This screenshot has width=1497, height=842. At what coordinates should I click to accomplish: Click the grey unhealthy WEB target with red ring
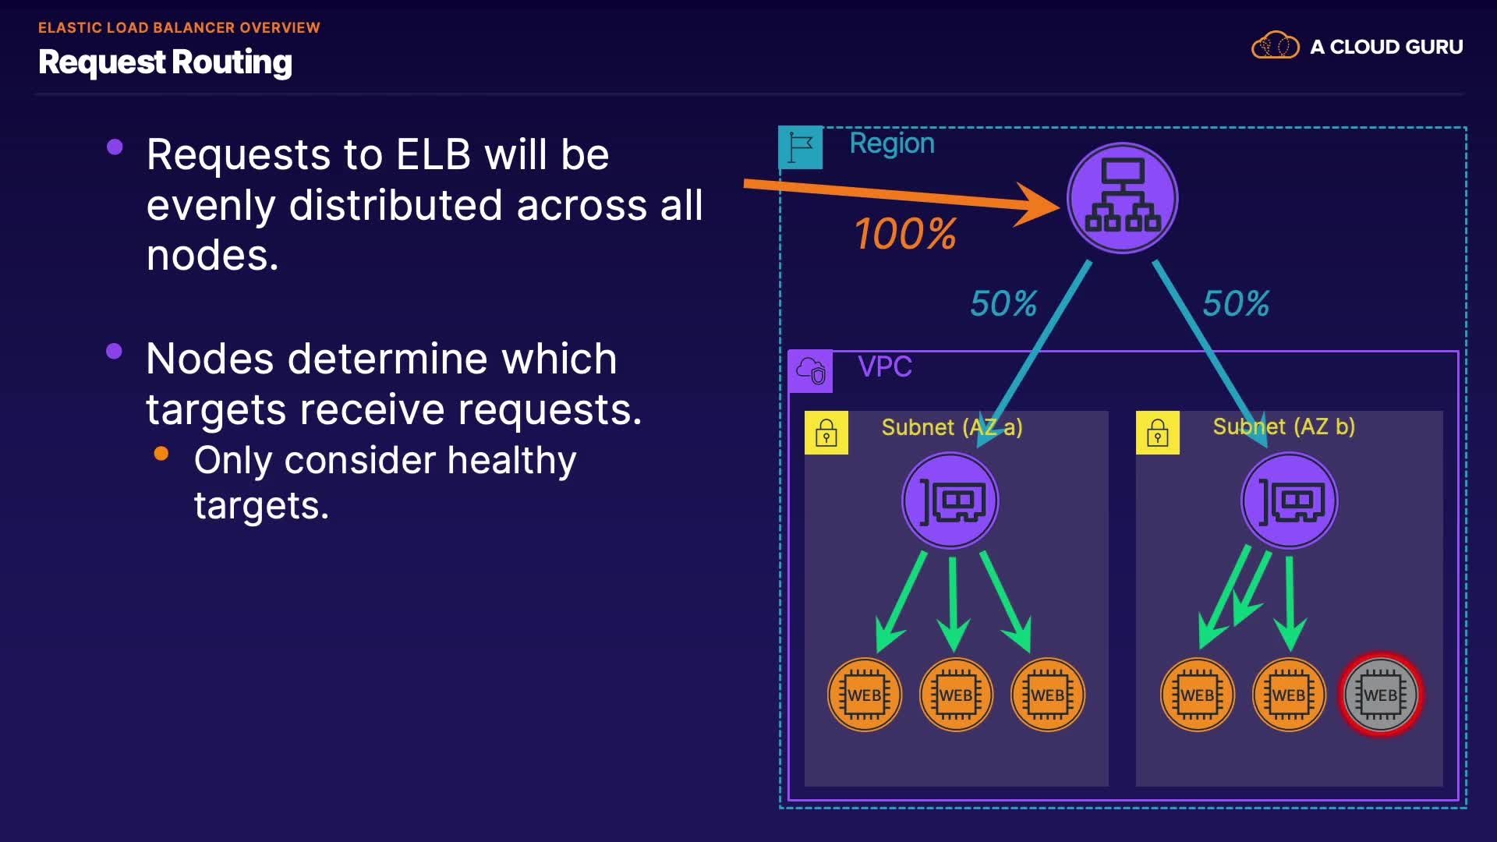coord(1381,695)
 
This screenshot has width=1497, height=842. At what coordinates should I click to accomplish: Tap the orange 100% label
coord(905,234)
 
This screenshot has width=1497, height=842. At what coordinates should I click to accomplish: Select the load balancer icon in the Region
coord(1122,198)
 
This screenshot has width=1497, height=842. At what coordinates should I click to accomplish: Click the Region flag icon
coord(801,147)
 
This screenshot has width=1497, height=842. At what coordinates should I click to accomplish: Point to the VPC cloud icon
coord(811,371)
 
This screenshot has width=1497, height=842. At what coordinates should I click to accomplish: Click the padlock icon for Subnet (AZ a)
coord(826,433)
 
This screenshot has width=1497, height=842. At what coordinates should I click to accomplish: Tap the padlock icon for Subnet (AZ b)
coord(1158,433)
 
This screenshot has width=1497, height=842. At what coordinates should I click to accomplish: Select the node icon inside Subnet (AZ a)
coord(950,501)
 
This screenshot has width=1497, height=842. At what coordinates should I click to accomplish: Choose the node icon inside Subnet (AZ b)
coord(1289,501)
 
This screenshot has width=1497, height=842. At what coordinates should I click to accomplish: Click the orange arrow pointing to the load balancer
coord(897,194)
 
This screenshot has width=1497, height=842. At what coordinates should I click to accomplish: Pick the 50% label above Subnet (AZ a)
coord(1003,303)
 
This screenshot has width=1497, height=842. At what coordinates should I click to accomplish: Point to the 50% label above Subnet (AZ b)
coord(1236,303)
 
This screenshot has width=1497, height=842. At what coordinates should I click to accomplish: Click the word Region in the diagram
coord(892,143)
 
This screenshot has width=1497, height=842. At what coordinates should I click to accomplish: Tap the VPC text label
coord(885,366)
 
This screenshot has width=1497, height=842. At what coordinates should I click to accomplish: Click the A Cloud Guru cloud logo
coord(1275,46)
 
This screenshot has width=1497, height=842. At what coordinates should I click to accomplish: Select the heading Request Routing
coord(165,62)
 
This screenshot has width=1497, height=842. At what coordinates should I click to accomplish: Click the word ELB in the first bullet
coord(434,154)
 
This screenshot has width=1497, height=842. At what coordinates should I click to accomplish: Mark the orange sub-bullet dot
coord(161,454)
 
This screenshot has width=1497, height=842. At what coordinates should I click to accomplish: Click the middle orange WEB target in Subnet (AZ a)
coord(956,695)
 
